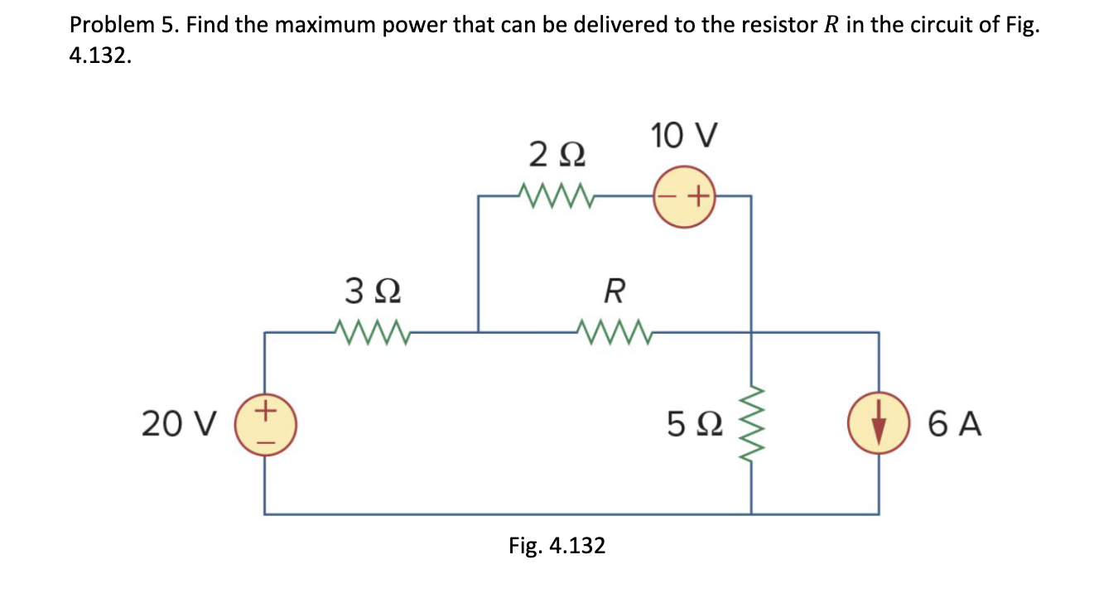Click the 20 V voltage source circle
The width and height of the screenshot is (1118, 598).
point(266,425)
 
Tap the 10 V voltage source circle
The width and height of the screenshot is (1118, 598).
point(684,196)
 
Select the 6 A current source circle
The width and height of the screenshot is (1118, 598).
point(879,422)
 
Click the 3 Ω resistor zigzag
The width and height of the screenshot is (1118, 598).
point(373,332)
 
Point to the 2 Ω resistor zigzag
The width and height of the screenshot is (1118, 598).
point(556,195)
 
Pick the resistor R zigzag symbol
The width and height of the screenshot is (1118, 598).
point(614,332)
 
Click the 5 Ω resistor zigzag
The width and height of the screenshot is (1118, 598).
point(751,424)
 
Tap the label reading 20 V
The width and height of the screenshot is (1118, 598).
point(179,424)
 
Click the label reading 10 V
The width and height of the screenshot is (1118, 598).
point(684,136)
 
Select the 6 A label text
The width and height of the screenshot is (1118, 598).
point(955,424)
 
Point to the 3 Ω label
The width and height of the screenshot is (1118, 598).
point(373,291)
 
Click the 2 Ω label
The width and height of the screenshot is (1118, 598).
point(557,155)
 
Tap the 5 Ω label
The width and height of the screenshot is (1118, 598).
point(695,424)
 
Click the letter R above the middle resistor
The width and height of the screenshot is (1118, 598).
point(614,291)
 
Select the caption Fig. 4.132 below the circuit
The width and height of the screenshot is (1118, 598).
point(557,546)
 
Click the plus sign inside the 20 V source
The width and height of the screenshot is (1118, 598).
point(266,409)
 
